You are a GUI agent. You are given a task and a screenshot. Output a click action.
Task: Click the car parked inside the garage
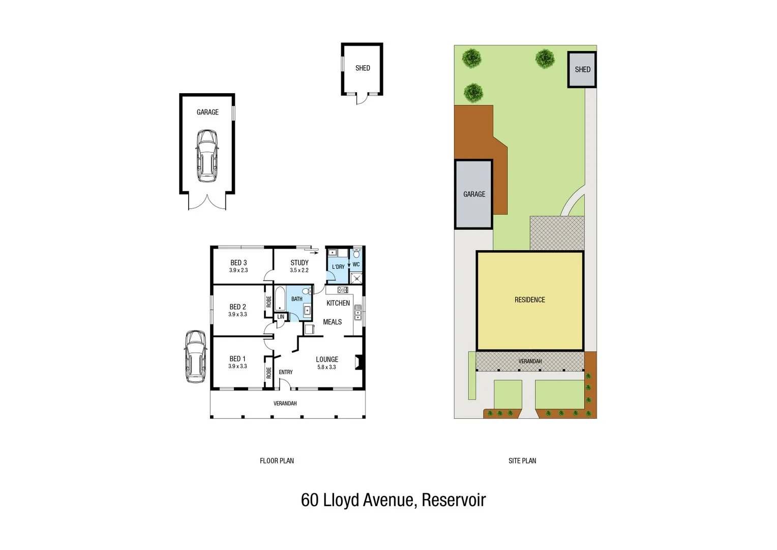[207, 156]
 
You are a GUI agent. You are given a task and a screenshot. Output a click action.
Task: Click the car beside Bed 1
[195, 356]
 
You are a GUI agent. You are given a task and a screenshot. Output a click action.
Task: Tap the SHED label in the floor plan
[363, 68]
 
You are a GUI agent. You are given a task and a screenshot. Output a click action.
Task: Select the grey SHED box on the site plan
[582, 70]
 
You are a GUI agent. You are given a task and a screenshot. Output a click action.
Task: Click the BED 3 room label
[238, 263]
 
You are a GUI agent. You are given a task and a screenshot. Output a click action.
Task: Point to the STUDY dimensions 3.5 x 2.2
[299, 270]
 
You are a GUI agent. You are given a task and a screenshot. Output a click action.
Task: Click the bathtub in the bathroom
[280, 298]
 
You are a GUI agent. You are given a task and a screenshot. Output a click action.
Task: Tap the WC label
[356, 264]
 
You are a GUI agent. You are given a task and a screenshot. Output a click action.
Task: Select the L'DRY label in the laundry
[338, 267]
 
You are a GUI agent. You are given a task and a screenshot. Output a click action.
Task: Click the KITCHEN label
[338, 303]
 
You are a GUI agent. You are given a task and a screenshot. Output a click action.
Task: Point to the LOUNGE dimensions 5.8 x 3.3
[326, 367]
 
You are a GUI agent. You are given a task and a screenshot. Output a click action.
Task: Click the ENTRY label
[286, 372]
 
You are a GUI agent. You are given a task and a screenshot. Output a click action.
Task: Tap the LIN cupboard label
[281, 317]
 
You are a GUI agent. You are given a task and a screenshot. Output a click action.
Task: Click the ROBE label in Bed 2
[268, 301]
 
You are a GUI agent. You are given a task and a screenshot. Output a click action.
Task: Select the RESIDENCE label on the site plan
[529, 300]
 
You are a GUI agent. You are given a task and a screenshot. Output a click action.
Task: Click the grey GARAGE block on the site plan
[474, 194]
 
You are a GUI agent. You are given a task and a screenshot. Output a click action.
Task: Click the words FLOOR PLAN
[277, 461]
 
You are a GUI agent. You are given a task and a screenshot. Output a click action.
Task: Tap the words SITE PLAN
[522, 461]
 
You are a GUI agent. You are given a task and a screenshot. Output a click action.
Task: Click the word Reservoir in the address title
[454, 500]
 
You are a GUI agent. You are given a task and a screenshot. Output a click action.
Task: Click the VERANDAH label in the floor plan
[285, 403]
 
